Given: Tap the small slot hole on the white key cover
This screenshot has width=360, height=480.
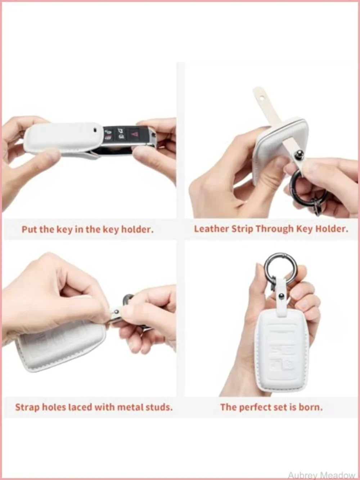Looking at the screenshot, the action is [95, 130].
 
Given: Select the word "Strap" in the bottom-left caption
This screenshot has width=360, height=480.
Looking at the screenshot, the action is [27, 407].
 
